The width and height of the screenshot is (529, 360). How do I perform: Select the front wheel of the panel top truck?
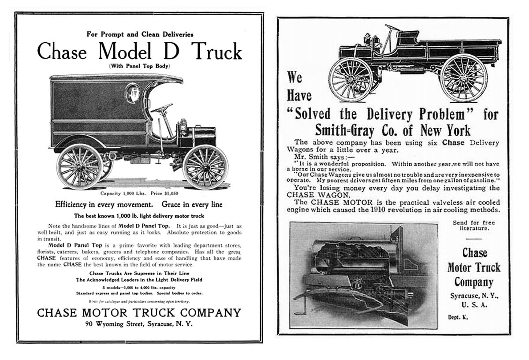coord(206,166)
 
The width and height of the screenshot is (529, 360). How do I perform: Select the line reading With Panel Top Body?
coord(139,66)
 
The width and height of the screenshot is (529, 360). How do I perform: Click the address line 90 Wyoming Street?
coord(139,325)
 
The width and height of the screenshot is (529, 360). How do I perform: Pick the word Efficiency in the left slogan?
coord(74,204)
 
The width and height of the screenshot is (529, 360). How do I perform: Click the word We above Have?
coord(295,78)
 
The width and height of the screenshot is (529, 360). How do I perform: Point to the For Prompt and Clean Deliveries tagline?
coord(139,33)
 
